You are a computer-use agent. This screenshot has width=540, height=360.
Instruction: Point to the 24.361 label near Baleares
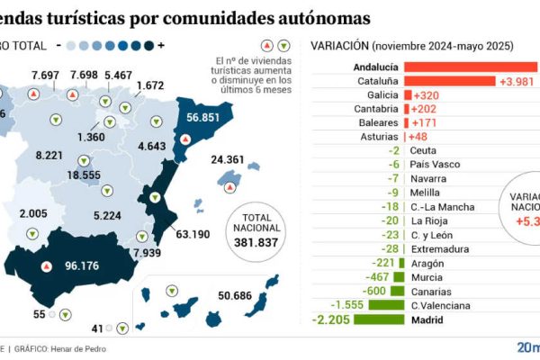pyautogui.click(x=227, y=160)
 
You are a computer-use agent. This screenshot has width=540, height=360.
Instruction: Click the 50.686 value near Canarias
pyautogui.click(x=236, y=295)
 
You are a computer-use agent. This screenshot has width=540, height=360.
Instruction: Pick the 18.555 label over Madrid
pyautogui.click(x=84, y=175)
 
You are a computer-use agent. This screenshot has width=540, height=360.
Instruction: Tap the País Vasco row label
pyautogui.click(x=436, y=165)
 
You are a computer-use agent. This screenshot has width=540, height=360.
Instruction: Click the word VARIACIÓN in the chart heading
pyautogui.click(x=337, y=46)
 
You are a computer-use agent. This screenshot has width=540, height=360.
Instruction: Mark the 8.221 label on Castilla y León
pyautogui.click(x=49, y=155)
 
